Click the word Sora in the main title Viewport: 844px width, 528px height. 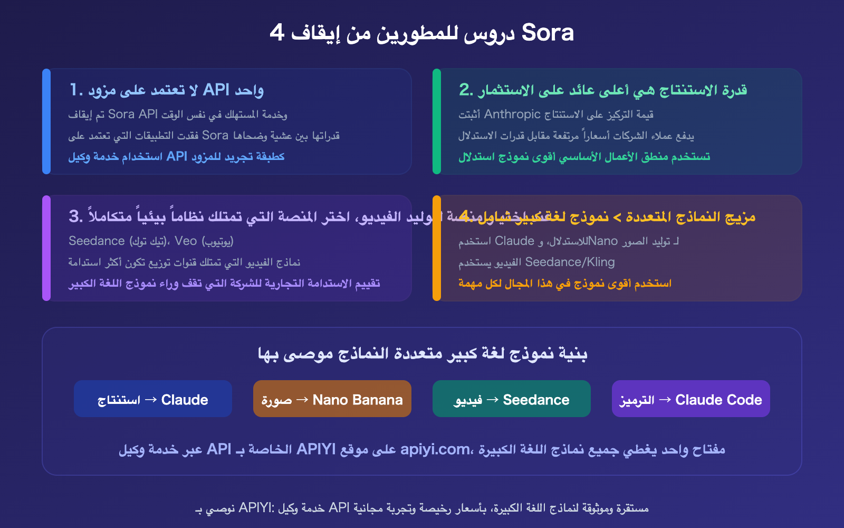pyautogui.click(x=547, y=33)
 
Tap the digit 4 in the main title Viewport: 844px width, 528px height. pyautogui.click(x=277, y=33)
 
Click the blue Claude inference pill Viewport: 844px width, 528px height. pyautogui.click(x=153, y=399)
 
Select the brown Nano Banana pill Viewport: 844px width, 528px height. pyautogui.click(x=332, y=399)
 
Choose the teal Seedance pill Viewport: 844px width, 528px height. pyautogui.click(x=512, y=399)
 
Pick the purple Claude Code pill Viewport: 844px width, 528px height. pyautogui.click(x=691, y=399)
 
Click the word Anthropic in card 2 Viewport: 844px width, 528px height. pyautogui.click(x=512, y=114)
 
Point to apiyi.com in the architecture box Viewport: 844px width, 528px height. pyautogui.click(x=435, y=449)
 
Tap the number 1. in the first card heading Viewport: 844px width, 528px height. pyautogui.click(x=76, y=90)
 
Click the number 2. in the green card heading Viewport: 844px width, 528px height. pyautogui.click(x=466, y=90)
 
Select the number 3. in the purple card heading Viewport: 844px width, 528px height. pyautogui.click(x=75, y=216)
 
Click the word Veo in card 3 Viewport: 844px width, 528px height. pyautogui.click(x=186, y=241)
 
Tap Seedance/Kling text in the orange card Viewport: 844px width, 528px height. pyautogui.click(x=570, y=262)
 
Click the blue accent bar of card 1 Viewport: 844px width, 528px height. pyautogui.click(x=46, y=121)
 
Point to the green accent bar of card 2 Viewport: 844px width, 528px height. pyautogui.click(x=437, y=121)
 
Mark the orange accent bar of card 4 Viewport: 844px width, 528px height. pyautogui.click(x=437, y=248)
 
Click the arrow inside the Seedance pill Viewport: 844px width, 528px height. pyautogui.click(x=492, y=400)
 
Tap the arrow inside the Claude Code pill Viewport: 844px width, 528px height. pyautogui.click(x=665, y=400)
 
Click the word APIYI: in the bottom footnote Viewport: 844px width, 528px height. pyautogui.click(x=256, y=508)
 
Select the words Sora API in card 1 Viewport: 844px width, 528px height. pyautogui.click(x=133, y=115)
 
